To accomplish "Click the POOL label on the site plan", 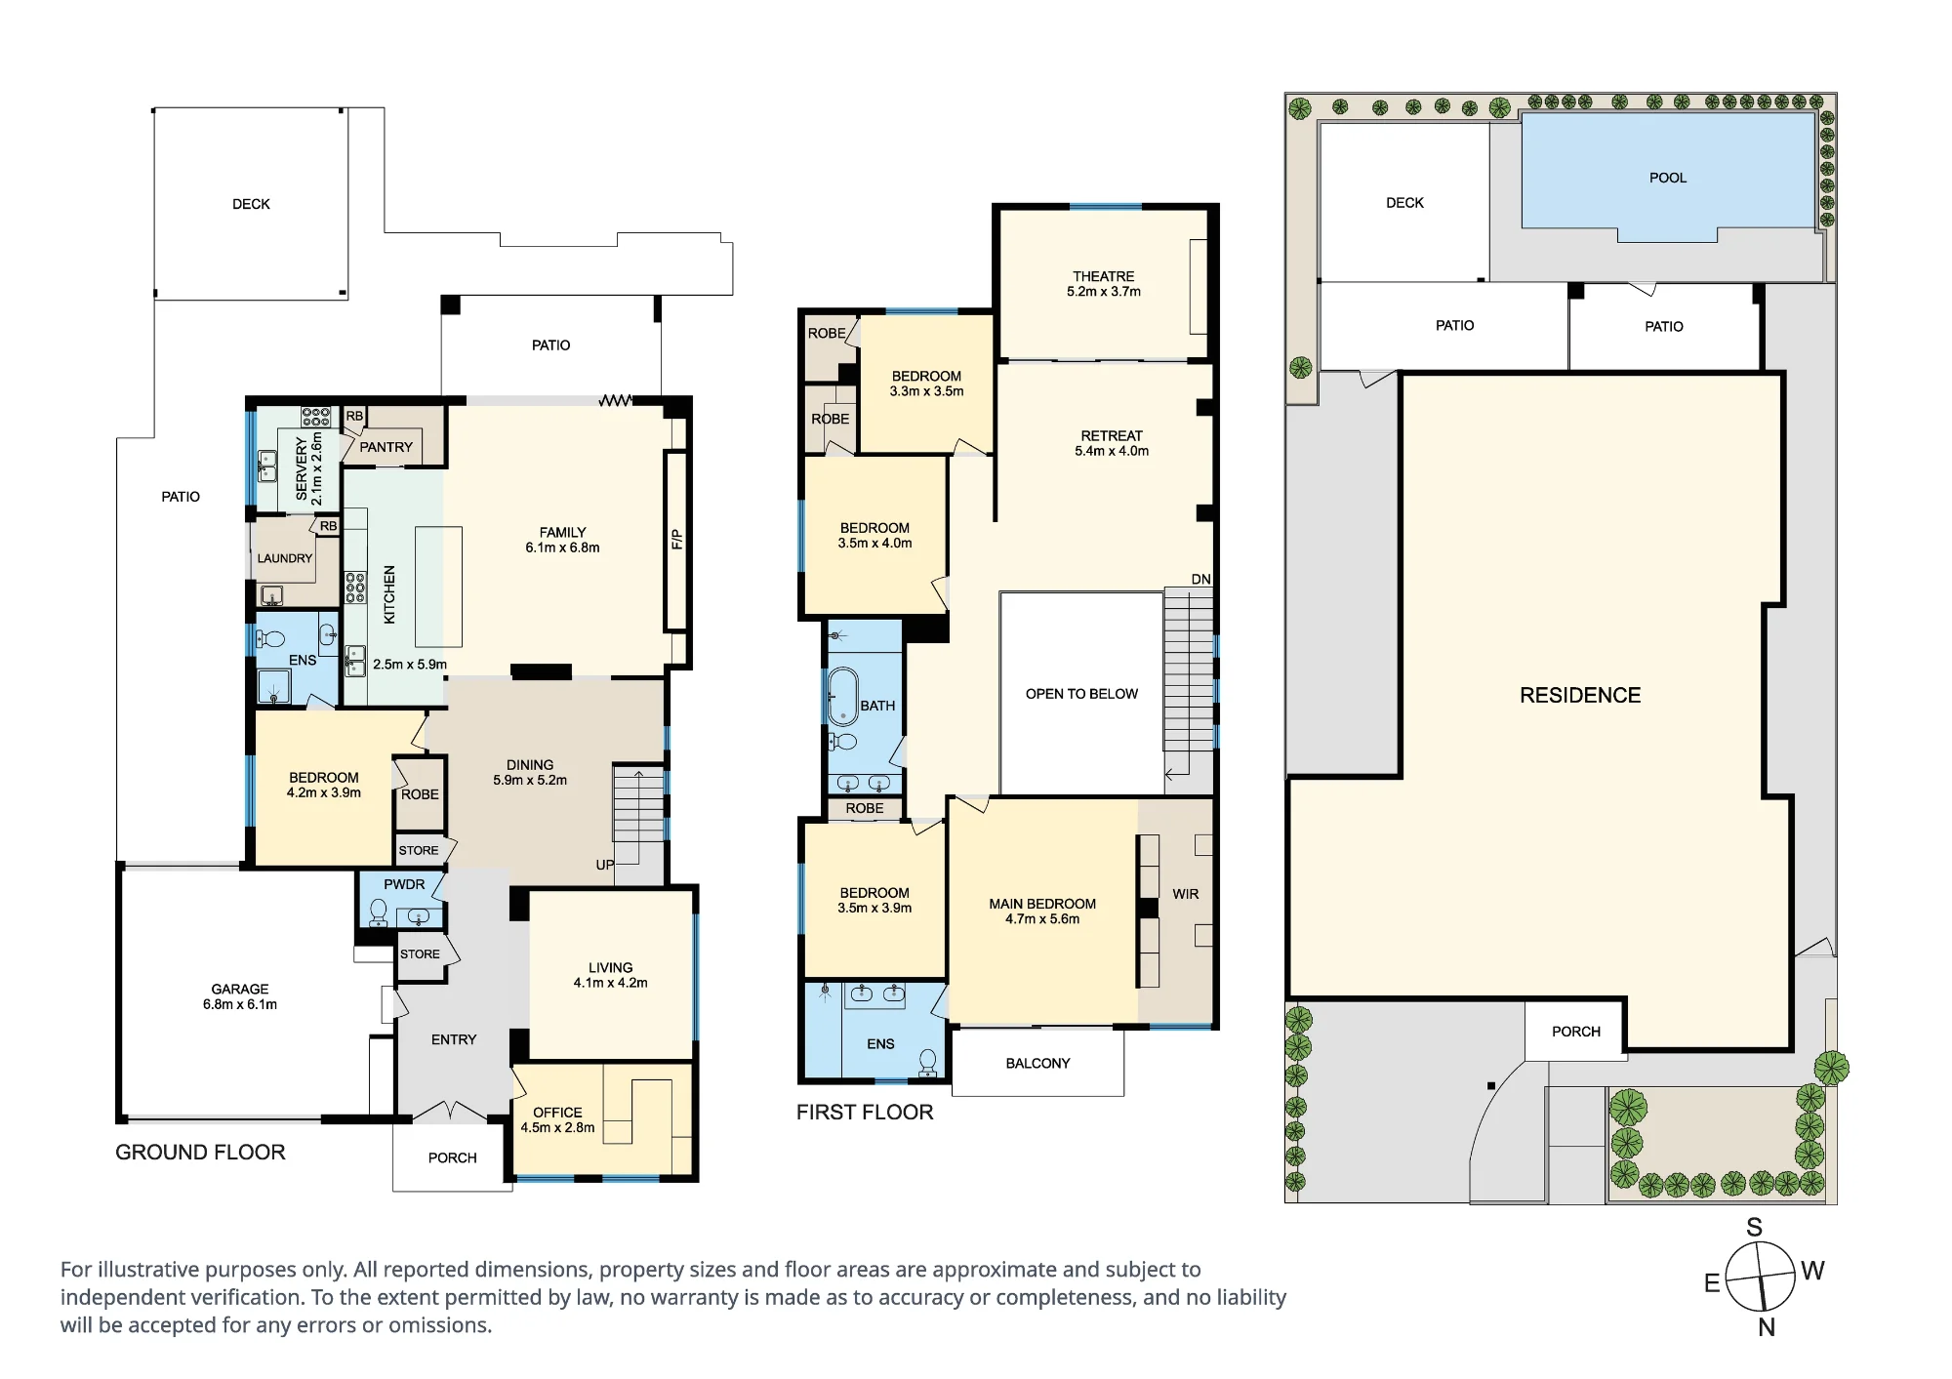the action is click(1667, 178).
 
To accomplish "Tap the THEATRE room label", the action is click(1103, 276).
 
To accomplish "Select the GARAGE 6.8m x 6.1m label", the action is click(240, 996).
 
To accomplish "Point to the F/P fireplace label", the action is click(676, 540).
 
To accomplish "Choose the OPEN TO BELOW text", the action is click(1081, 694).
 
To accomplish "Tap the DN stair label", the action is click(1200, 580).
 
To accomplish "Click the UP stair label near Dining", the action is click(605, 865).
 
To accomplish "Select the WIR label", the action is click(1185, 894).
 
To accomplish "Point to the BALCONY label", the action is click(1037, 1063).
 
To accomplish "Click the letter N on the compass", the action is click(1767, 1327).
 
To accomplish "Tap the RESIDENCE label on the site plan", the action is click(1580, 695).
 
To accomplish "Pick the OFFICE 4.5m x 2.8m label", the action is click(557, 1119).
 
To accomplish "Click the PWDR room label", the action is click(404, 884).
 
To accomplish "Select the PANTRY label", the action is click(386, 447).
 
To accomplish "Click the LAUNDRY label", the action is click(285, 558).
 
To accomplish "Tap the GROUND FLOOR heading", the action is click(200, 1152).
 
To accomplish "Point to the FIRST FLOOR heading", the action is click(865, 1112).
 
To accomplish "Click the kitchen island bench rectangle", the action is click(438, 587).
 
